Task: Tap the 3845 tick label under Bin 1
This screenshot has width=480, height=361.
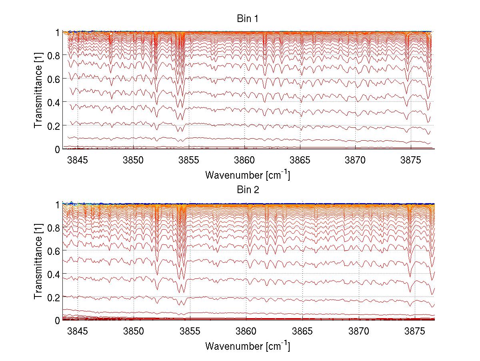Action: coord(77,160)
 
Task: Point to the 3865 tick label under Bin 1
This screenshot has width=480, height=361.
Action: coord(300,160)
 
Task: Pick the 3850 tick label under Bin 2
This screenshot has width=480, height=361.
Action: coord(133,331)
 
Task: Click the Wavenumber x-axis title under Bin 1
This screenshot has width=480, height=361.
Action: coord(247,175)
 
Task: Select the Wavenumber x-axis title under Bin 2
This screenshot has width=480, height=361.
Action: coord(247,346)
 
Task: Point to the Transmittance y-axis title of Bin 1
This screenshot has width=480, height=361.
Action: coord(38,91)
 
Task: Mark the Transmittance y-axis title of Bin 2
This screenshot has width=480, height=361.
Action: coord(38,262)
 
